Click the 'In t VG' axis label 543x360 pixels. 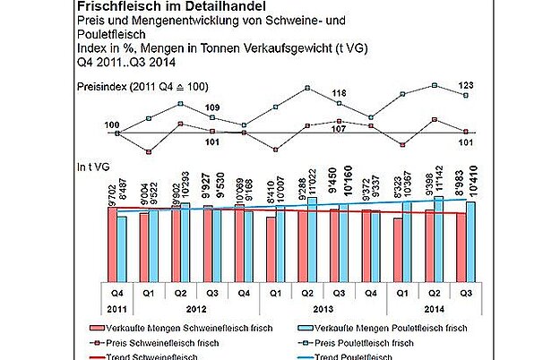click(x=92, y=166)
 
